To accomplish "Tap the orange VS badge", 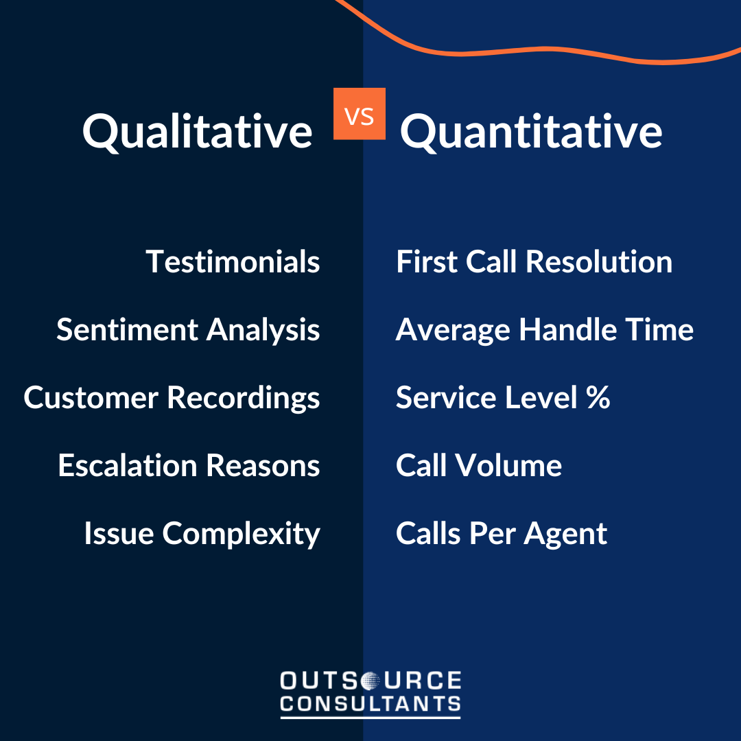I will pyautogui.click(x=360, y=114).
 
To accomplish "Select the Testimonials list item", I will pyautogui.click(x=233, y=262).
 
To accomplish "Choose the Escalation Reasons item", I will pyautogui.click(x=189, y=466).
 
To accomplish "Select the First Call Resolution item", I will pyautogui.click(x=534, y=262).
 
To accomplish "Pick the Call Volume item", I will pyautogui.click(x=478, y=466).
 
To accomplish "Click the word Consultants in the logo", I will pyautogui.click(x=370, y=704).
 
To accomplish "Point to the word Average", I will pyautogui.click(x=453, y=330).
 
